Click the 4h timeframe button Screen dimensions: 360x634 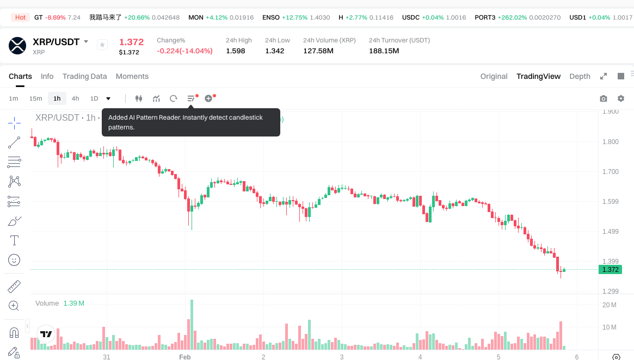coord(75,98)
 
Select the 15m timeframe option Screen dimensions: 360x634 coord(35,98)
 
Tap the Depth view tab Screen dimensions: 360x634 coord(580,76)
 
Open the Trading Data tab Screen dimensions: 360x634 coord(84,76)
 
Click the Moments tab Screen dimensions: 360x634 coord(132,76)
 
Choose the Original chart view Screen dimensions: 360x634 coord(494,76)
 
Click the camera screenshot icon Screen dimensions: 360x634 coord(603,98)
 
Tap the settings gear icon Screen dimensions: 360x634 coord(620,98)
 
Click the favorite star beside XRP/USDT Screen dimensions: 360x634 coord(102,45)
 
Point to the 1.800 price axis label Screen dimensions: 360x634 coord(610,142)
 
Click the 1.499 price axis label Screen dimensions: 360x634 coord(610,232)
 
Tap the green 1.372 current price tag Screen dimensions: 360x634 coord(610,270)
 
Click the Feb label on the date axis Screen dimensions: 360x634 coord(185,357)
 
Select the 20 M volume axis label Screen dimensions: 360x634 coord(609,305)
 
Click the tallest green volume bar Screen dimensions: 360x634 coord(192,324)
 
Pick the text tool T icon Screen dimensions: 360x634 coord(14,240)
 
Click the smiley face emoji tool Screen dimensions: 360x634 coord(14,260)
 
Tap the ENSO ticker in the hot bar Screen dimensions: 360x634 coord(271,17)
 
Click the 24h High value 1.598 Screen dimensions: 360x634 coord(236,51)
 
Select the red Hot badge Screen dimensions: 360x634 coord(20,17)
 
